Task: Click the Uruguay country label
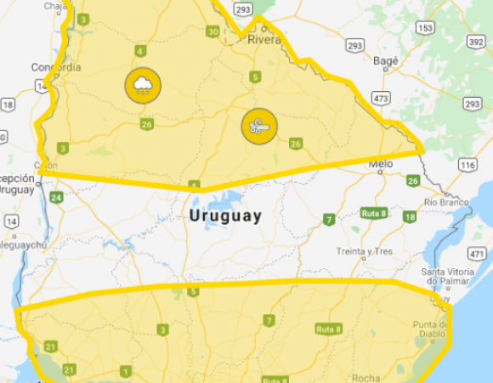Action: (225, 216)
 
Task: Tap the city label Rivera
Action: (263, 38)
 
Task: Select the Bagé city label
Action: (385, 60)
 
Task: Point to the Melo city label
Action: (379, 164)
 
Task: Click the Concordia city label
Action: (56, 67)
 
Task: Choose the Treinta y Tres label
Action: (364, 251)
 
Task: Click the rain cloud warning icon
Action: (142, 84)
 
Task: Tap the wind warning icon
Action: (258, 126)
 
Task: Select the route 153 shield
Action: (425, 28)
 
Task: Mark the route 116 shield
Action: (466, 164)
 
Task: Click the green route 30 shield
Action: (212, 31)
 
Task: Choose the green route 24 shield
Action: (56, 197)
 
